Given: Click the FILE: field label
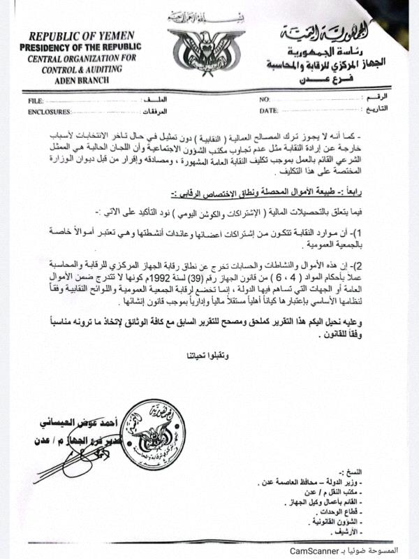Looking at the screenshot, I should tap(36, 101).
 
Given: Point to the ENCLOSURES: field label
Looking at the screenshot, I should tap(49, 111).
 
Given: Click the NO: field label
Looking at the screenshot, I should tap(265, 101).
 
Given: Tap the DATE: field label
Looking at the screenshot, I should tap(269, 111).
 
